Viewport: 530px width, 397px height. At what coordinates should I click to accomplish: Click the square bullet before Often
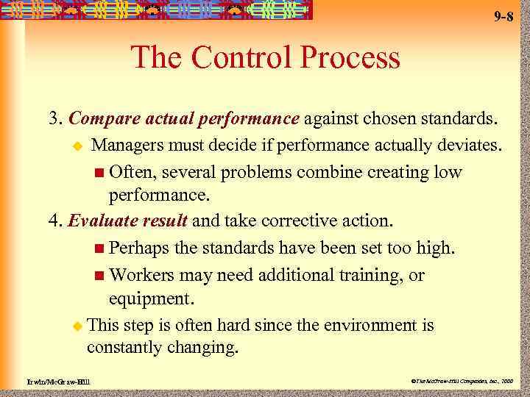click(x=99, y=174)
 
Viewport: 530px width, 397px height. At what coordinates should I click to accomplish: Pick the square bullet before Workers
click(x=99, y=276)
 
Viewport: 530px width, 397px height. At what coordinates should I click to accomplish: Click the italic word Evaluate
click(x=103, y=220)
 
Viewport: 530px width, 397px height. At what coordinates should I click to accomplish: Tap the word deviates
click(x=471, y=146)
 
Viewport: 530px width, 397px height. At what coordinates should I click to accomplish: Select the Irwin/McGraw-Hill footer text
click(x=52, y=383)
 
